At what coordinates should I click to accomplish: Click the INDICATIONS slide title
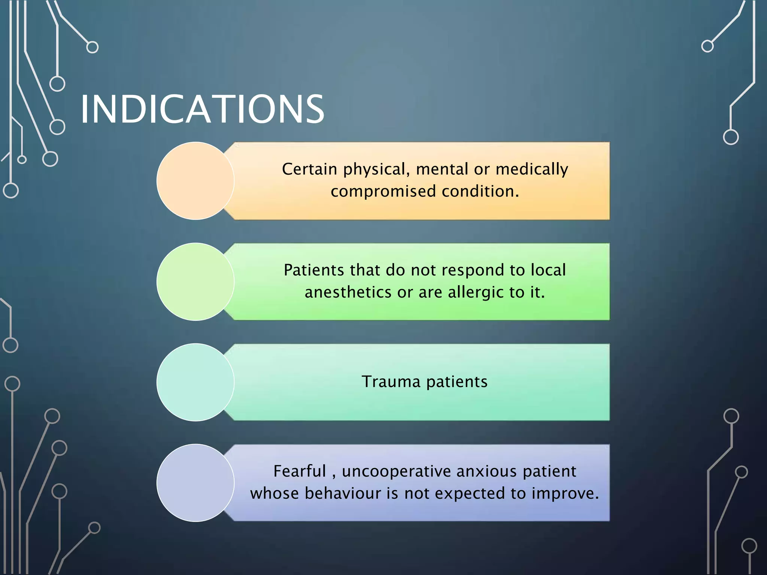[x=202, y=109]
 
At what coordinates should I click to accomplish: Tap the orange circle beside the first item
[x=195, y=181]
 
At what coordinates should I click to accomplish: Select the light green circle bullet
[x=195, y=282]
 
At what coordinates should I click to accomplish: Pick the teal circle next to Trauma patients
[x=195, y=382]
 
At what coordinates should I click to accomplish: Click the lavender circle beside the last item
[x=195, y=483]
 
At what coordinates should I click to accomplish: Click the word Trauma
[x=391, y=382]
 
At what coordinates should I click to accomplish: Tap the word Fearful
[x=300, y=471]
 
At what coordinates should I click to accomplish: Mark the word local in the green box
[x=548, y=270]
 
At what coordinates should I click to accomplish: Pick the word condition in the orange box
[x=480, y=191]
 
